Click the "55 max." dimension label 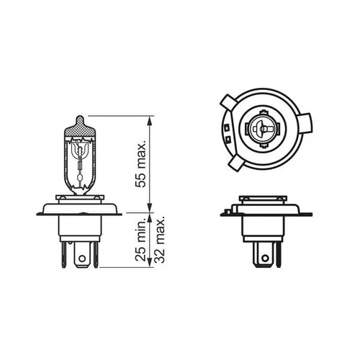pyautogui.click(x=140, y=164)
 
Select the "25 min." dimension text pyautogui.click(x=140, y=240)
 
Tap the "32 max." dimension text pyautogui.click(x=159, y=240)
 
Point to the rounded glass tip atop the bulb pyautogui.click(x=80, y=120)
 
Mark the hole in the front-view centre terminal pyautogui.click(x=82, y=258)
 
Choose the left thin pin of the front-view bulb pyautogui.click(x=64, y=254)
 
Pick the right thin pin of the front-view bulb pyautogui.click(x=96, y=254)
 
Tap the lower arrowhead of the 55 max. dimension pyautogui.click(x=150, y=207)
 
